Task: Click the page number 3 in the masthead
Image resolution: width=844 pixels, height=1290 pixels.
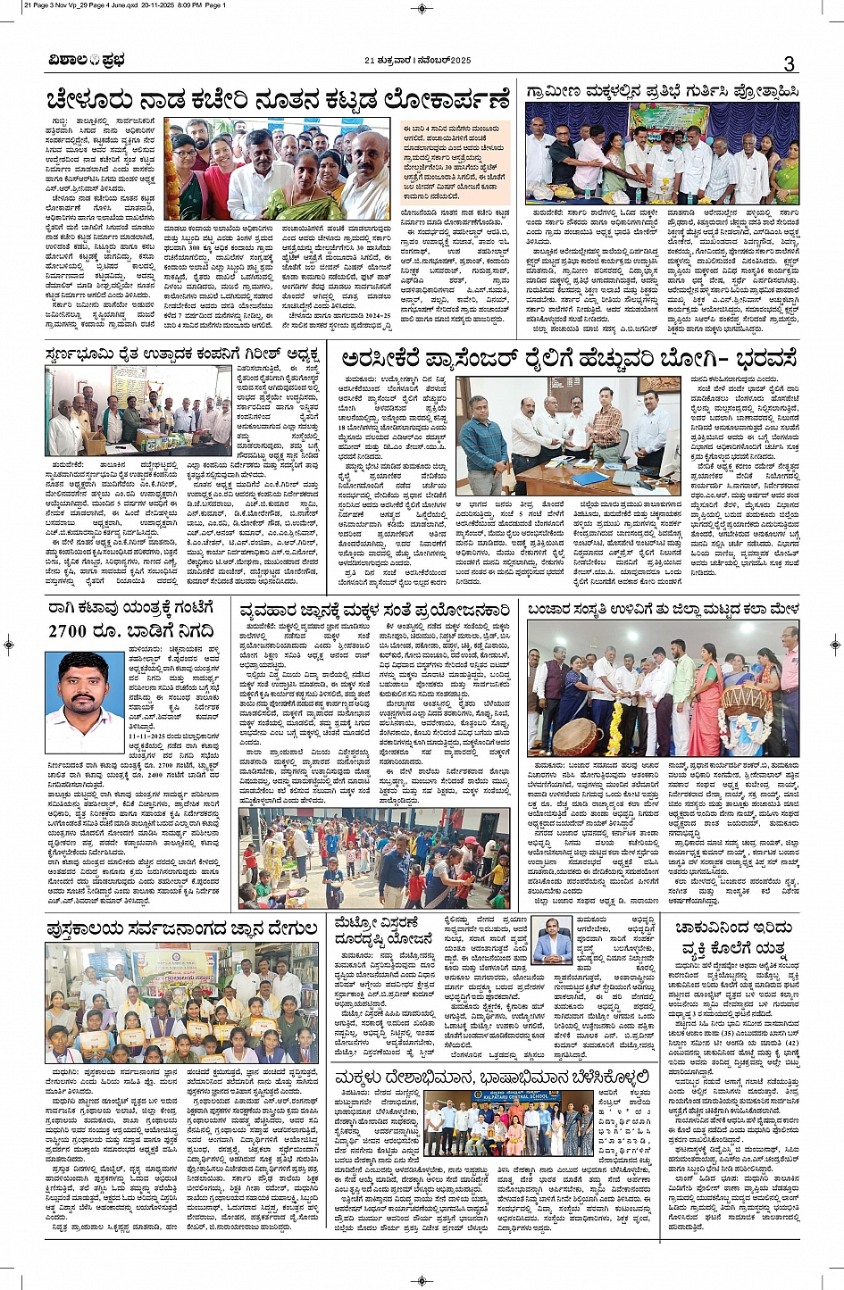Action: [x=789, y=62]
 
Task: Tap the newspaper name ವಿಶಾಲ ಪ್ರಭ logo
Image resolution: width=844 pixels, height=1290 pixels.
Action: [x=87, y=61]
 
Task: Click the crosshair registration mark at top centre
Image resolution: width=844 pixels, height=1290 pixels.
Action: [x=422, y=8]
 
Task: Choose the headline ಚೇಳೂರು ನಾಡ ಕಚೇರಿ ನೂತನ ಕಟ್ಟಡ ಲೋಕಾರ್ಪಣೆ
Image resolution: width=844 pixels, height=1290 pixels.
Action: [x=278, y=99]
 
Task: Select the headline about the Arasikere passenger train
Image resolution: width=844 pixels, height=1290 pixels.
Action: [x=568, y=360]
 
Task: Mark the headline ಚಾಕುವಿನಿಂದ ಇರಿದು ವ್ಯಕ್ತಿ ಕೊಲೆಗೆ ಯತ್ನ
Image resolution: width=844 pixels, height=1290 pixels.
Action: [x=732, y=938]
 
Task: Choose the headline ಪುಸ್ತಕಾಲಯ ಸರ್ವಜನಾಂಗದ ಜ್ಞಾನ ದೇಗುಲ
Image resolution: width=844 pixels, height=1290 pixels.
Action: [x=182, y=929]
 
